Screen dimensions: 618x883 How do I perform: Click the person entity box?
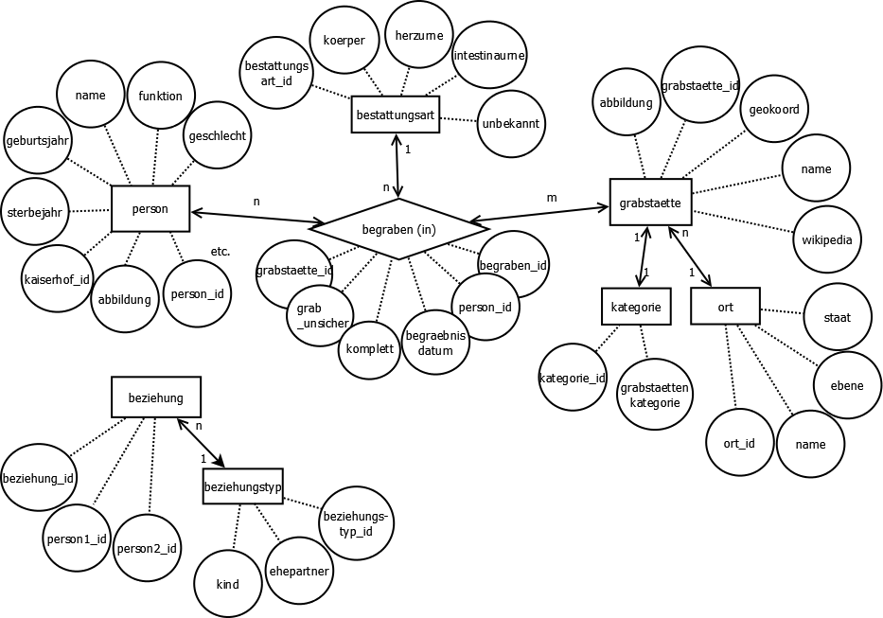coord(150,208)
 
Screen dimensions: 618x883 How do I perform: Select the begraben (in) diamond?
coord(398,228)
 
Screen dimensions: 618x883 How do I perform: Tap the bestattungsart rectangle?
coord(395,115)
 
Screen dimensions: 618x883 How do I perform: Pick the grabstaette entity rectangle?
coord(650,203)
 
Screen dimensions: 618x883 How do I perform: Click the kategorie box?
coord(635,306)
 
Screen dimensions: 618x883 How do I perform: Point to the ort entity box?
coord(725,307)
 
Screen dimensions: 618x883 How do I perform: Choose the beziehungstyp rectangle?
coord(242,486)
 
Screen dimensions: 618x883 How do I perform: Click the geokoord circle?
coord(773,110)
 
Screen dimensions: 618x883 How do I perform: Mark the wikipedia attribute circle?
coord(826,239)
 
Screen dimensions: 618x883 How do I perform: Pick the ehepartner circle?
coord(299,571)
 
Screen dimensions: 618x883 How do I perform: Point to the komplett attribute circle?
coord(368,348)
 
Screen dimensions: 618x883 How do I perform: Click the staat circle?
coord(837,317)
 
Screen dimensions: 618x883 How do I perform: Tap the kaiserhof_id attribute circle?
coord(56,278)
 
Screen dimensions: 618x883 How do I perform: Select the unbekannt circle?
coord(512,123)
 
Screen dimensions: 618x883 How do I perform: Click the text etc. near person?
coord(220,251)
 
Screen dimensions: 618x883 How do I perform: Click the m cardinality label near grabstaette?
coord(552,197)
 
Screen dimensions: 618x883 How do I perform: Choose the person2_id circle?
coord(147,549)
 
